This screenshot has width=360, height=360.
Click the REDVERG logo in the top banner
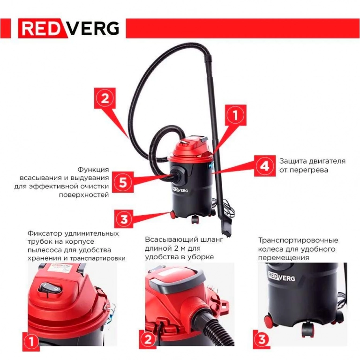pos(69,28)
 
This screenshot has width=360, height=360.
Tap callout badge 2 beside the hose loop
pos(105,98)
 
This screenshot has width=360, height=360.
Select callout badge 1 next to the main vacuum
pos(235,115)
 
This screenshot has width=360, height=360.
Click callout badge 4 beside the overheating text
pos(265,166)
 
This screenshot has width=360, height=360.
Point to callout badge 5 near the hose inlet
pos(123,182)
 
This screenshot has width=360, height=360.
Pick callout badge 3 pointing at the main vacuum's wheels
pos(124,219)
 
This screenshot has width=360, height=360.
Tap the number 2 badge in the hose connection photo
pos(148,339)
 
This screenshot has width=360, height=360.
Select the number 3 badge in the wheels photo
pos(262,339)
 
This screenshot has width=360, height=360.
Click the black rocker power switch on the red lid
pos(50,288)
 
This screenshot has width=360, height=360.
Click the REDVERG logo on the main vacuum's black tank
pos(180,190)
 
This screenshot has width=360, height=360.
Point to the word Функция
pos(93,170)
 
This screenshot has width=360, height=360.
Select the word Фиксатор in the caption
pos(45,233)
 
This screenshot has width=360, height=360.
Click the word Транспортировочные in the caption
pos(298,240)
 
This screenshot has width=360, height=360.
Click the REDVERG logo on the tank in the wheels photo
pos(281,277)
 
